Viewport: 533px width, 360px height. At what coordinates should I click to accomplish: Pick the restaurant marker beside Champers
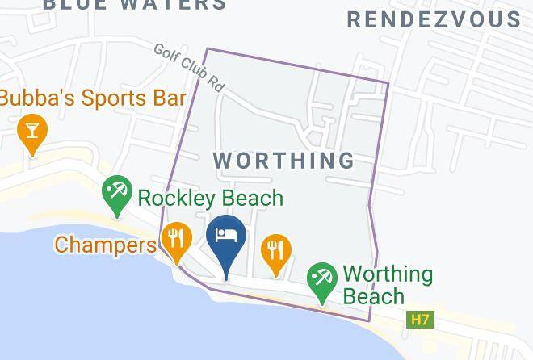175,238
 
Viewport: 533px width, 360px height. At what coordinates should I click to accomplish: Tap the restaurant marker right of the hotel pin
277,249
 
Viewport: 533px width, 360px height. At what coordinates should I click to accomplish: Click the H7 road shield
420,320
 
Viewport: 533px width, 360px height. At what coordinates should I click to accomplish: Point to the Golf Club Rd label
189,67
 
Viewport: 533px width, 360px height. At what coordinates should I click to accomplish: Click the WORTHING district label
284,160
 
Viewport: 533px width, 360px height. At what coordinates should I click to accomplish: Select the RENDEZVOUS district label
434,19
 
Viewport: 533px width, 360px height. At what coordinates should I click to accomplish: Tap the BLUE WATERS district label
134,5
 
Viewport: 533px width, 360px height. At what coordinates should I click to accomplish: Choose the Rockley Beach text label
211,198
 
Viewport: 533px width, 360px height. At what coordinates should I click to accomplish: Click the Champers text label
104,244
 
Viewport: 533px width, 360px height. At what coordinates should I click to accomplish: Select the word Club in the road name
192,69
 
